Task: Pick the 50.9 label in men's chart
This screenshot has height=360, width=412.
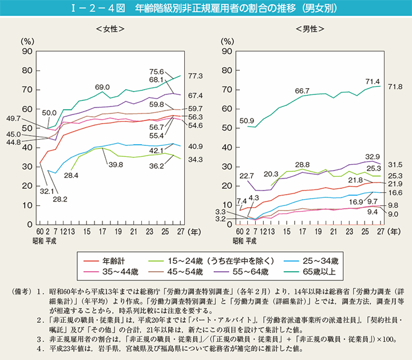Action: [246, 121]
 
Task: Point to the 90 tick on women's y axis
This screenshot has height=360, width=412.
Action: [26, 52]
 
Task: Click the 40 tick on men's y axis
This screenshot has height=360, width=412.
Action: [227, 148]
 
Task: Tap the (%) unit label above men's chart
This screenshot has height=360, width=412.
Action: [228, 41]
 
